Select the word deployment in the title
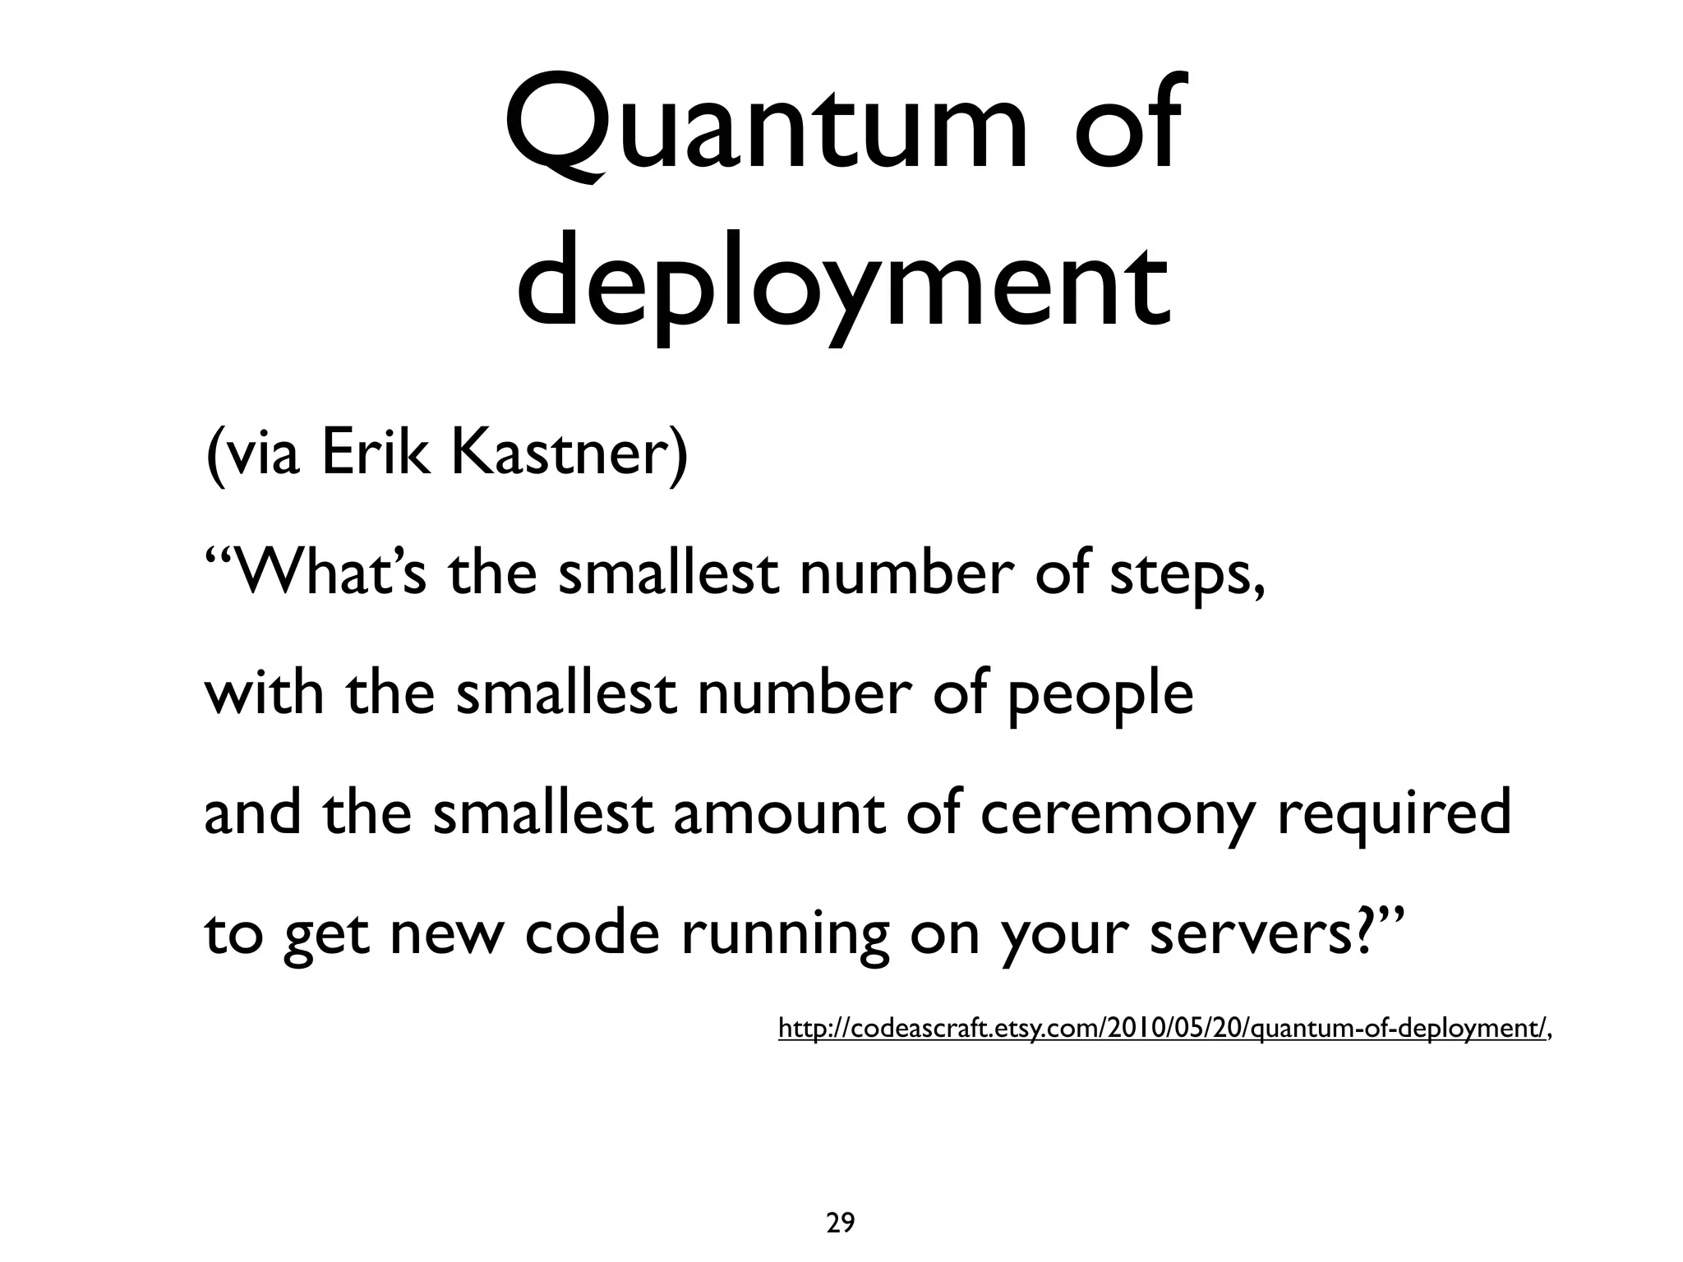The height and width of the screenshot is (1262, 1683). [x=842, y=283]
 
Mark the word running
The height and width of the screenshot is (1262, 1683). [x=786, y=934]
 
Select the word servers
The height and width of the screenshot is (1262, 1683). [x=1249, y=934]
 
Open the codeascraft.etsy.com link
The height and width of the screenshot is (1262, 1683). [x=1163, y=1028]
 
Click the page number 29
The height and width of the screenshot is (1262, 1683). [x=840, y=1200]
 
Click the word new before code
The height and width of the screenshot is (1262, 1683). [x=445, y=934]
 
